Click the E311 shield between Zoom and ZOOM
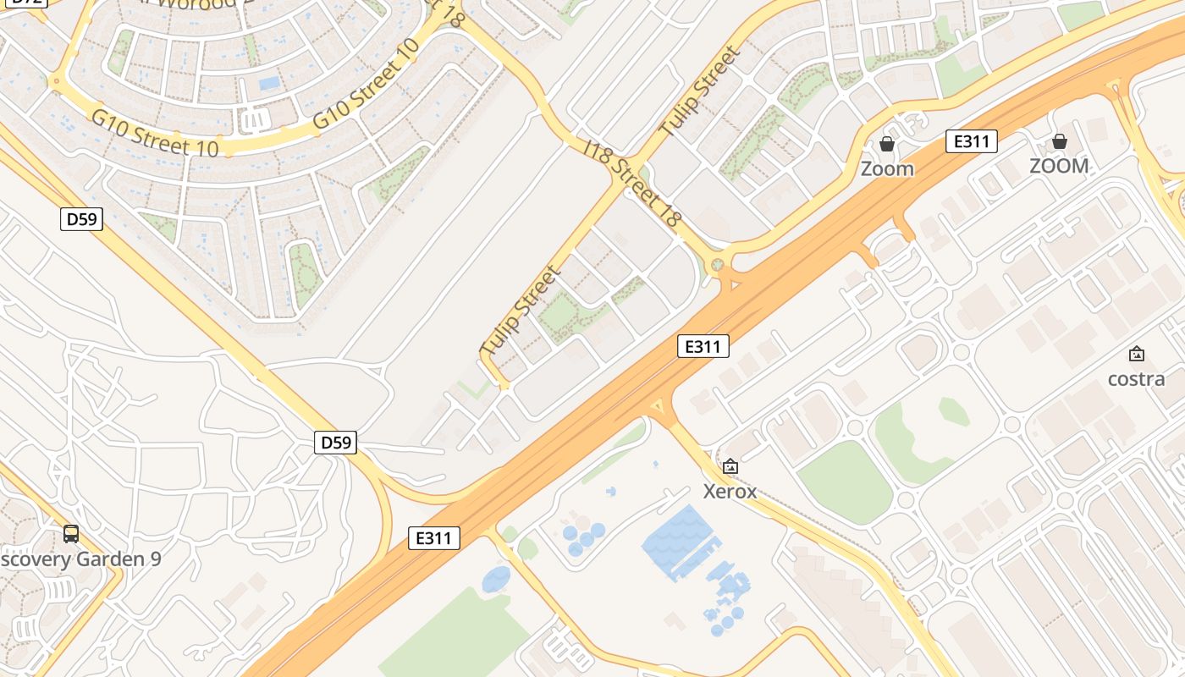pos(971,141)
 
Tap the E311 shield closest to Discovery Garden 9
pos(434,537)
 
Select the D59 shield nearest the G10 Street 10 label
pos(81,219)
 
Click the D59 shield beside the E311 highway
pos(335,442)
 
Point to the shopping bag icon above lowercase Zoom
pos(887,144)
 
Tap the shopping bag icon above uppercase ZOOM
pos(1059,140)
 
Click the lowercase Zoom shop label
pos(887,168)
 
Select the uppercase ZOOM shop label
pos(1059,166)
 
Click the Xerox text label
pos(730,491)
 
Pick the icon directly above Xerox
pos(730,466)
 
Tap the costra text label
pos(1136,378)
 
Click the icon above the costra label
pos(1137,354)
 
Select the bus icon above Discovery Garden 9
pos(71,534)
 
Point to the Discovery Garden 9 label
pos(80,559)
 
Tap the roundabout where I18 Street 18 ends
pos(719,266)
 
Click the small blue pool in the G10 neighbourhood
pos(269,83)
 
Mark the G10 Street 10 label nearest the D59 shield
pos(155,134)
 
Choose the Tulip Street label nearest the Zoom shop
pos(700,91)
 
